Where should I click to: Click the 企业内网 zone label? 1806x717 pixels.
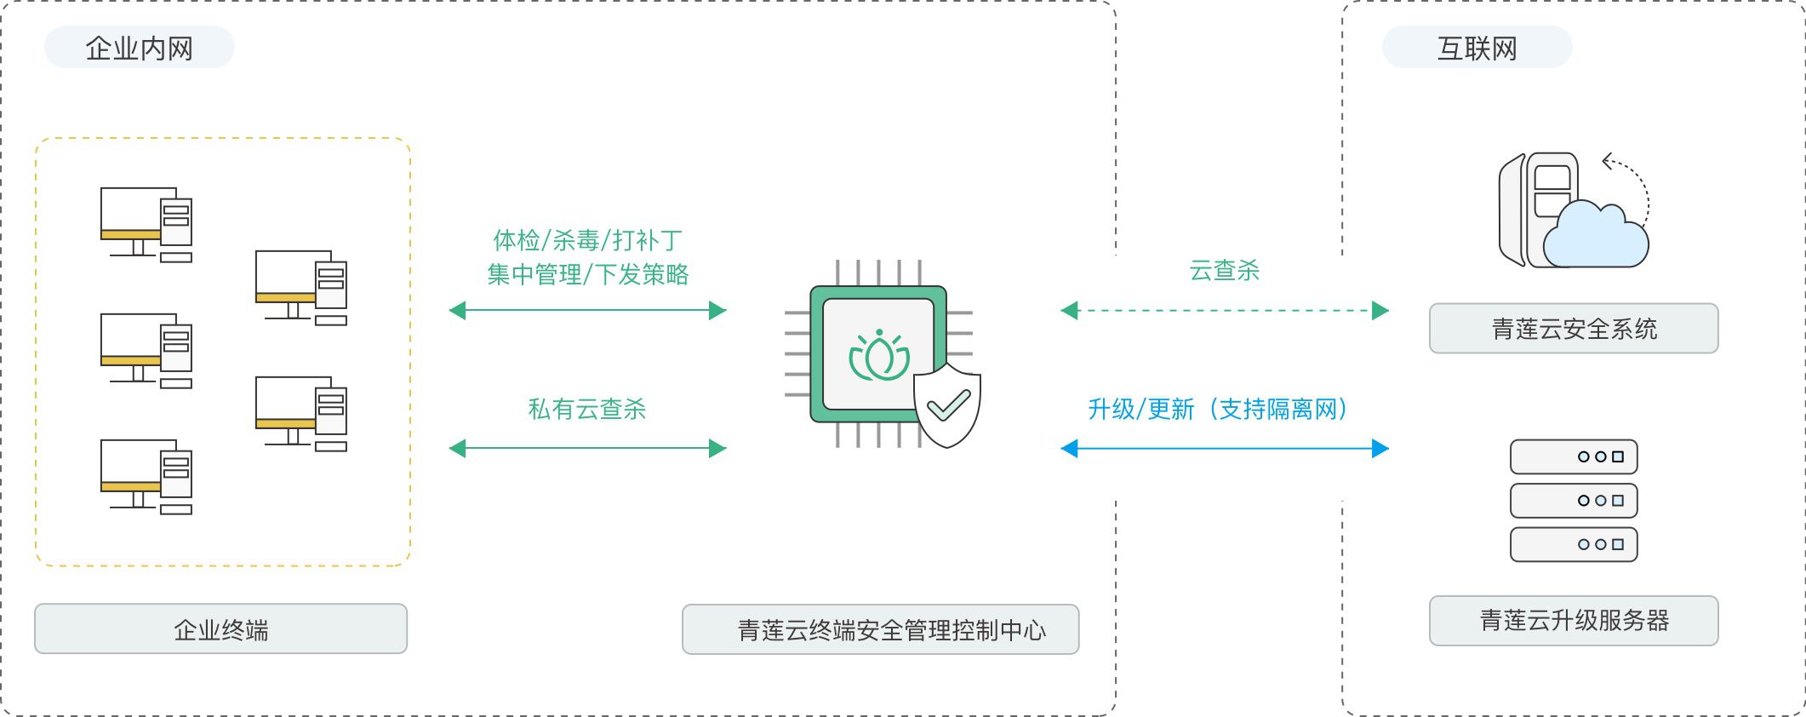click(x=139, y=48)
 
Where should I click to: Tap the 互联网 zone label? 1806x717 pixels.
click(x=1477, y=48)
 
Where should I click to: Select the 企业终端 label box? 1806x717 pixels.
click(x=220, y=629)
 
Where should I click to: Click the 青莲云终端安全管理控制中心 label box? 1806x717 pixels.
click(x=881, y=629)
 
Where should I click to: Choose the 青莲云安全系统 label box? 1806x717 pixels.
click(x=1574, y=328)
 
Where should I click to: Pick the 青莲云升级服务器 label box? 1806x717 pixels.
click(x=1574, y=620)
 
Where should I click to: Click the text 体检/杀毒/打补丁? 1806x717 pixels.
click(x=587, y=240)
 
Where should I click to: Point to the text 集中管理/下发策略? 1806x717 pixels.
click(x=587, y=274)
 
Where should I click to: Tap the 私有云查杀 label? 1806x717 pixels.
click(x=587, y=409)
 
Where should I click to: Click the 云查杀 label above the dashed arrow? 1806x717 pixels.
click(x=1224, y=271)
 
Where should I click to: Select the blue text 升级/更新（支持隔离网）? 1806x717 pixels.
click(x=1218, y=409)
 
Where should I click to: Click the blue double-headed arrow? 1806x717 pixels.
click(x=1225, y=448)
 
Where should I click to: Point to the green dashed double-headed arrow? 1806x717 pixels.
click(x=1225, y=311)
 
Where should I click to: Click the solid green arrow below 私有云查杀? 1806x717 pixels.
click(x=587, y=448)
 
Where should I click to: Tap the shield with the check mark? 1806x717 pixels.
click(x=947, y=404)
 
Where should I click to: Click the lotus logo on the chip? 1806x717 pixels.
click(x=879, y=358)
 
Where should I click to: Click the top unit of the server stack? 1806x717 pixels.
click(x=1574, y=456)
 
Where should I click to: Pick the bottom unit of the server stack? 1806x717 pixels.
click(x=1574, y=544)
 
